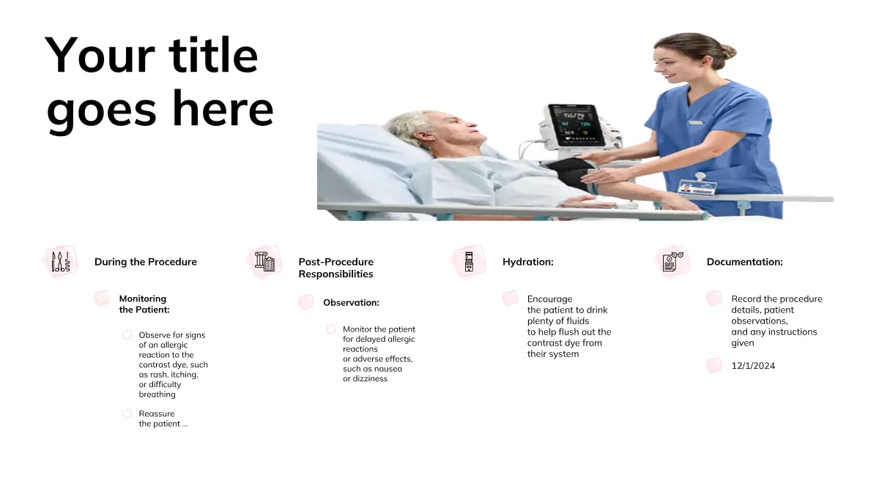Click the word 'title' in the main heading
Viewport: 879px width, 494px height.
213,55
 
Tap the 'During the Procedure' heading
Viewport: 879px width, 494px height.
146,262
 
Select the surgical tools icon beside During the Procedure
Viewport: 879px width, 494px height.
61,261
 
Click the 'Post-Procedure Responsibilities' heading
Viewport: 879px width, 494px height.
336,268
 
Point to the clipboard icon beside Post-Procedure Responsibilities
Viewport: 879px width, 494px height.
264,261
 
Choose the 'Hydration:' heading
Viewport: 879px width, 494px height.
528,262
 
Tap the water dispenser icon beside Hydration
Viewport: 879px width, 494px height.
469,261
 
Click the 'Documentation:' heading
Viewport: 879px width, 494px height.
745,262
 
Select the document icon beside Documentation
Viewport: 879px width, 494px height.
672,261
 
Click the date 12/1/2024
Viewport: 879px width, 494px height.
753,366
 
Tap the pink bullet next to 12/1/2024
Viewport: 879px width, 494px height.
714,365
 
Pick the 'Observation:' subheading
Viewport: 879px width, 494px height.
351,303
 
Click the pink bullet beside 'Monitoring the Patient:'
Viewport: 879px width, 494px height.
102,299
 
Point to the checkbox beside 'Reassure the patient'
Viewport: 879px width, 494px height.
127,413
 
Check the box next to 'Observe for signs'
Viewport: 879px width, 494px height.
127,335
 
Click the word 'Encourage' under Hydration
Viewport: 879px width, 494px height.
550,299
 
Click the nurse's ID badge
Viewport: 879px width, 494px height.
697,188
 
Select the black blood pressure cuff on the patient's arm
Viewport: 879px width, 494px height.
571,173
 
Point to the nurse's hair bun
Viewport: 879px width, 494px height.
728,52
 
